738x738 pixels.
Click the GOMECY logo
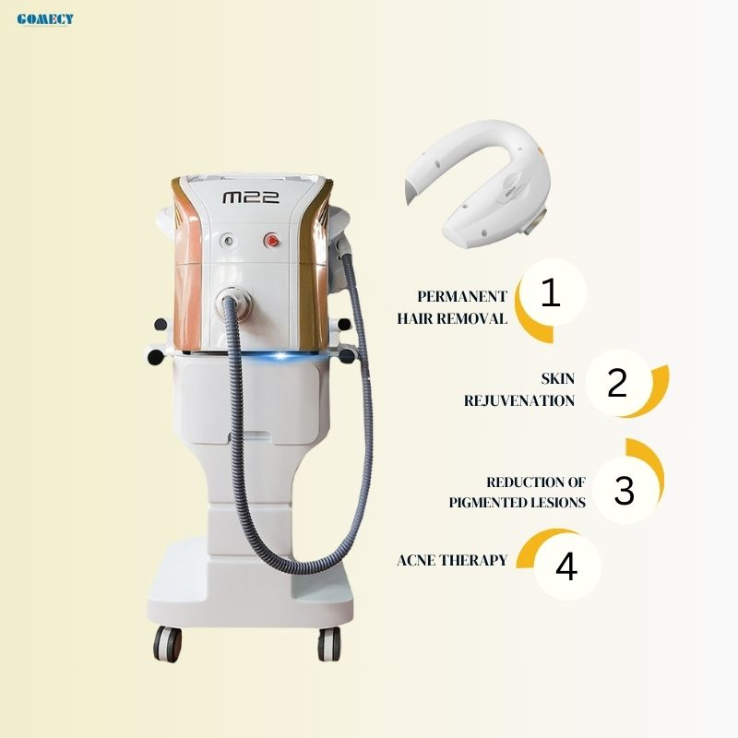point(45,18)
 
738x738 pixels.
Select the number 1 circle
point(551,294)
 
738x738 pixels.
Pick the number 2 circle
point(617,382)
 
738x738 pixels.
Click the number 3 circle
point(625,491)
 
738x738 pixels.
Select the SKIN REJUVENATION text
point(518,389)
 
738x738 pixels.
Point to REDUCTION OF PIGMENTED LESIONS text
point(518,493)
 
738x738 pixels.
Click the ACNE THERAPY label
point(452,560)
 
